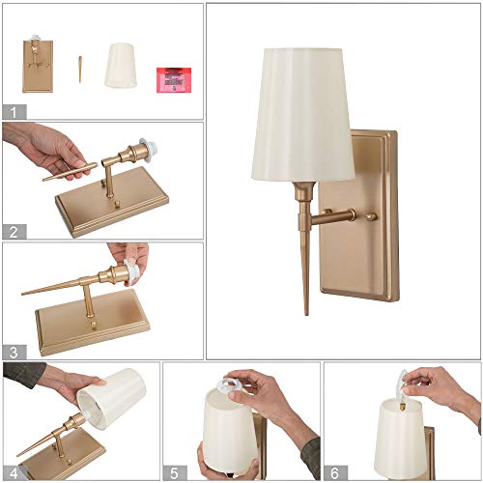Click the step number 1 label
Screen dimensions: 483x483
(12, 111)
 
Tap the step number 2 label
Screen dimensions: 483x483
(12, 231)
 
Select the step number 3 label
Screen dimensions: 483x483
(12, 352)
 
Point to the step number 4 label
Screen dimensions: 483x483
(12, 472)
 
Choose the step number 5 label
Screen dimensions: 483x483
(173, 472)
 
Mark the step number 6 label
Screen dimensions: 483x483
(333, 472)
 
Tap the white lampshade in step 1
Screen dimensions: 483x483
(120, 65)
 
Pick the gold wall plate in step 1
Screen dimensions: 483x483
(38, 65)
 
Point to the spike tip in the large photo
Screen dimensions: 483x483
(307, 307)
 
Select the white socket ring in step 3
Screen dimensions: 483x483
(130, 274)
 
